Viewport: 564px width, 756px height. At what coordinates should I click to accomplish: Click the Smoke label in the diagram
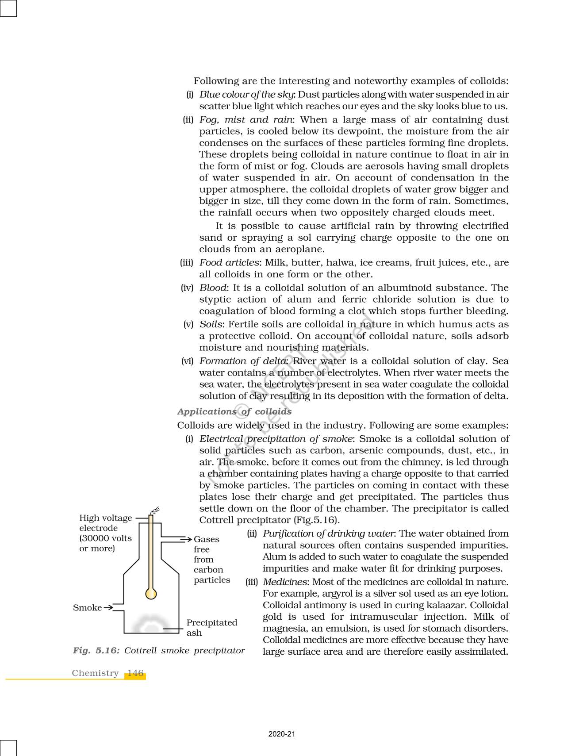(x=87, y=608)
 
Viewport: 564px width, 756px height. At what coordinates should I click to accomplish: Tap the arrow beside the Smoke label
(x=108, y=608)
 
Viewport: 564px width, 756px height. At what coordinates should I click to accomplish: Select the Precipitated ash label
(x=211, y=627)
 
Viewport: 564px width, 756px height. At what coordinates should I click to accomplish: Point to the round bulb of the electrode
(x=151, y=594)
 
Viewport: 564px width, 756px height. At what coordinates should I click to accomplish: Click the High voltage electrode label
(x=105, y=533)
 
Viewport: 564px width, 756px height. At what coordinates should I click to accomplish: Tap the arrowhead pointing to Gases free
(x=189, y=539)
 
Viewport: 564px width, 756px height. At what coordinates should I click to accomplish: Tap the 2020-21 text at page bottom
(x=282, y=734)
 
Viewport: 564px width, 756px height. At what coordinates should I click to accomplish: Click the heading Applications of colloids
(x=234, y=411)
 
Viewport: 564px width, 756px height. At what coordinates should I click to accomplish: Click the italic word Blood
(x=213, y=288)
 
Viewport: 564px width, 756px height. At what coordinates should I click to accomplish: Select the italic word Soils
(x=211, y=324)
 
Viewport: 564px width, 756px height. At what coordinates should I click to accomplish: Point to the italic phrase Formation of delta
(x=243, y=361)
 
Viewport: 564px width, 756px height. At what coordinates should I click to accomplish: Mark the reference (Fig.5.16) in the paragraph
(x=316, y=520)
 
